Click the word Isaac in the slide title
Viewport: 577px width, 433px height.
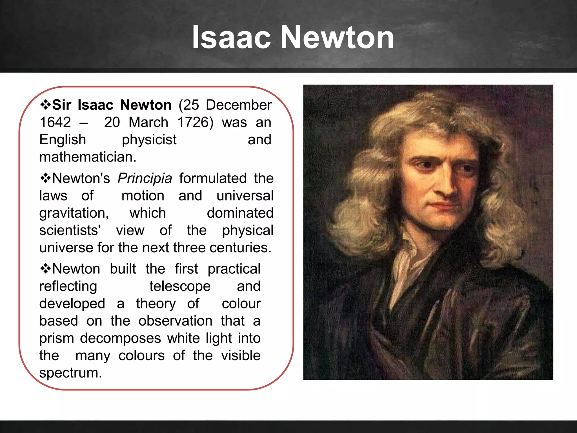coord(231,37)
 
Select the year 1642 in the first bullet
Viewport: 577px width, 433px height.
coord(55,122)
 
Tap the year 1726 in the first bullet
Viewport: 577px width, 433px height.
coord(195,122)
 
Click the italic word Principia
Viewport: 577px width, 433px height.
coord(145,178)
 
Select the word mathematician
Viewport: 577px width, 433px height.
coord(88,157)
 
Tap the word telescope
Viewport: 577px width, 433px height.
coord(180,286)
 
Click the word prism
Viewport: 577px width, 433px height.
coord(56,339)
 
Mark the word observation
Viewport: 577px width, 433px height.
coord(175,321)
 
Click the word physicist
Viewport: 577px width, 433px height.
coord(149,140)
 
